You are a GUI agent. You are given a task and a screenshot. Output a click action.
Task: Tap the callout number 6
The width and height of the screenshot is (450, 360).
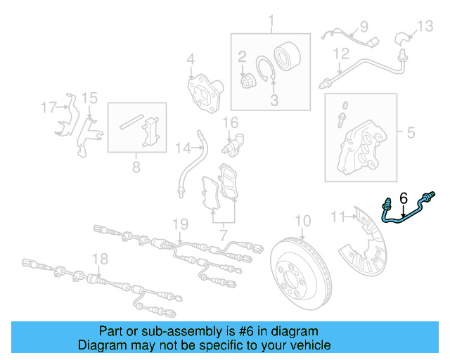(x=403, y=200)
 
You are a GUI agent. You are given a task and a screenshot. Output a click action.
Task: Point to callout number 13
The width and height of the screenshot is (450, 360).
(x=426, y=27)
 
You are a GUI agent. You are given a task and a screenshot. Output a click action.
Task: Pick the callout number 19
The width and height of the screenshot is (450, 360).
(x=181, y=224)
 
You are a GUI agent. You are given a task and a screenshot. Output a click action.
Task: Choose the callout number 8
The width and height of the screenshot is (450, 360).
(x=136, y=167)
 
